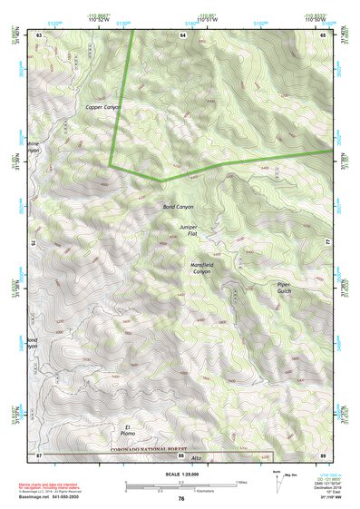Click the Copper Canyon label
click(103, 107)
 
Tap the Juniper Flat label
click(188, 230)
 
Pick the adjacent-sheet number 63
click(39, 34)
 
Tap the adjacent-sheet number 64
click(182, 34)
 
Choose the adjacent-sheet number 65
click(323, 34)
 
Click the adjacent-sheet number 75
click(34, 243)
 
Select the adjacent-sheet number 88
click(182, 454)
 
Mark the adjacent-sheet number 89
click(323, 454)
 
